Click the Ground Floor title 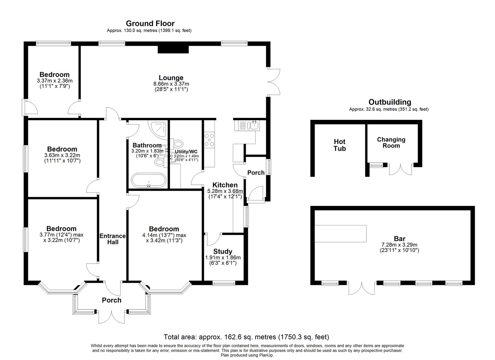pyautogui.click(x=150, y=23)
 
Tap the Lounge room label pyautogui.click(x=171, y=78)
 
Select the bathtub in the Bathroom pyautogui.click(x=148, y=180)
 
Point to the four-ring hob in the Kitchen pyautogui.click(x=209, y=139)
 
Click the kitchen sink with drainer pyautogui.click(x=247, y=125)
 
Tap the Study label pyautogui.click(x=223, y=251)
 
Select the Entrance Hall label pyautogui.click(x=113, y=239)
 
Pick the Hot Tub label pyautogui.click(x=340, y=145)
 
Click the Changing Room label pyautogui.click(x=391, y=143)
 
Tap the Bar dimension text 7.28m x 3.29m pyautogui.click(x=399, y=245)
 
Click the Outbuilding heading pyautogui.click(x=390, y=102)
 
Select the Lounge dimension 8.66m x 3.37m pyautogui.click(x=171, y=84)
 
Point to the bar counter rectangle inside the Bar pyautogui.click(x=341, y=234)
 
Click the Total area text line pyautogui.click(x=246, y=337)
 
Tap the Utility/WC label pyautogui.click(x=186, y=152)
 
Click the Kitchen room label pyautogui.click(x=225, y=185)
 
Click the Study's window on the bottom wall pyautogui.click(x=224, y=283)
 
